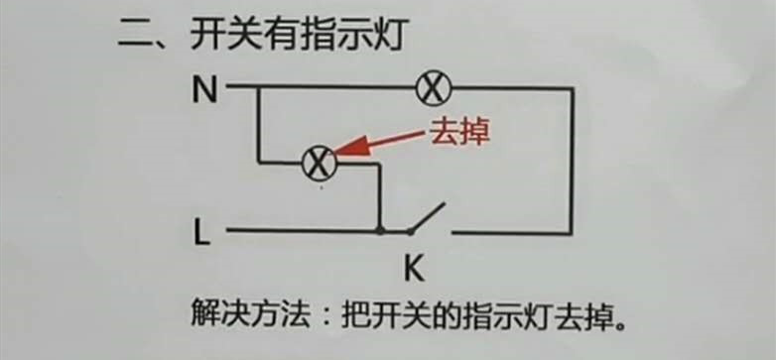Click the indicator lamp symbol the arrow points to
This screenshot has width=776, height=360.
click(x=318, y=164)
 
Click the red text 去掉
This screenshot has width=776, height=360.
click(x=459, y=133)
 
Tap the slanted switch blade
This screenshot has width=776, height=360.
click(x=429, y=219)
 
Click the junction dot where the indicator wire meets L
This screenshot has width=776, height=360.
click(x=379, y=232)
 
